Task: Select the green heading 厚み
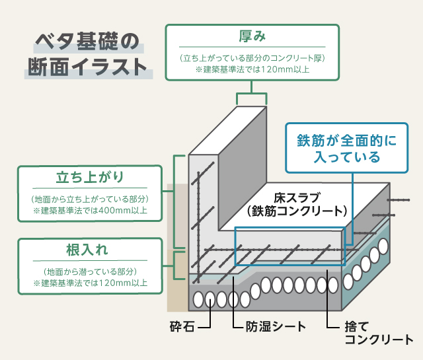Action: click(x=252, y=37)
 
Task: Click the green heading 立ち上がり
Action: click(x=91, y=178)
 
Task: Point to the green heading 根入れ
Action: click(x=91, y=251)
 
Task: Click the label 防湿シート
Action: click(x=267, y=326)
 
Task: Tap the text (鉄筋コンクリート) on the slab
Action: click(x=295, y=211)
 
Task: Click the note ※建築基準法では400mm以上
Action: click(x=91, y=211)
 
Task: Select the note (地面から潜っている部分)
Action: click(x=91, y=271)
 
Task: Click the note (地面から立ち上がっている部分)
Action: click(x=91, y=199)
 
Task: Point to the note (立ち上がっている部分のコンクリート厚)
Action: click(x=252, y=58)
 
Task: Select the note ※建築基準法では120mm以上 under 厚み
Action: click(x=252, y=69)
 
